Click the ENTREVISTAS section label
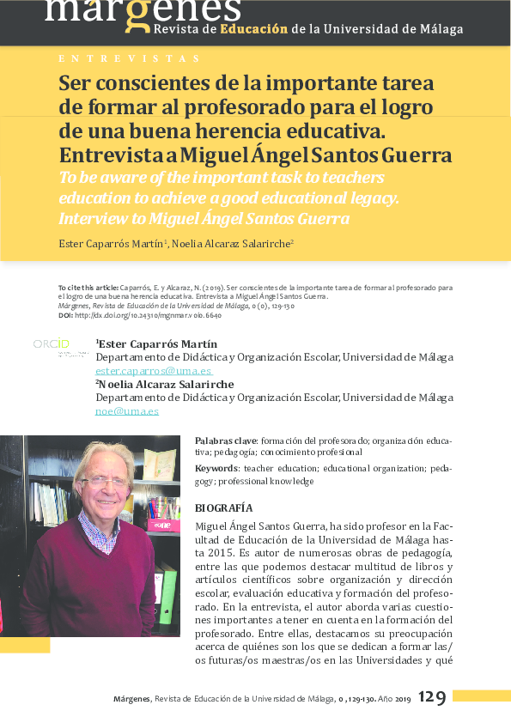pos(129,58)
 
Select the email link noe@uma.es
pos(127,411)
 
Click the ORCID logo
pos(51,344)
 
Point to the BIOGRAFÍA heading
pos(224,507)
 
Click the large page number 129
pos(432,698)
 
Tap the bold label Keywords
pos(216,469)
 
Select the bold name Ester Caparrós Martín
pos(158,344)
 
